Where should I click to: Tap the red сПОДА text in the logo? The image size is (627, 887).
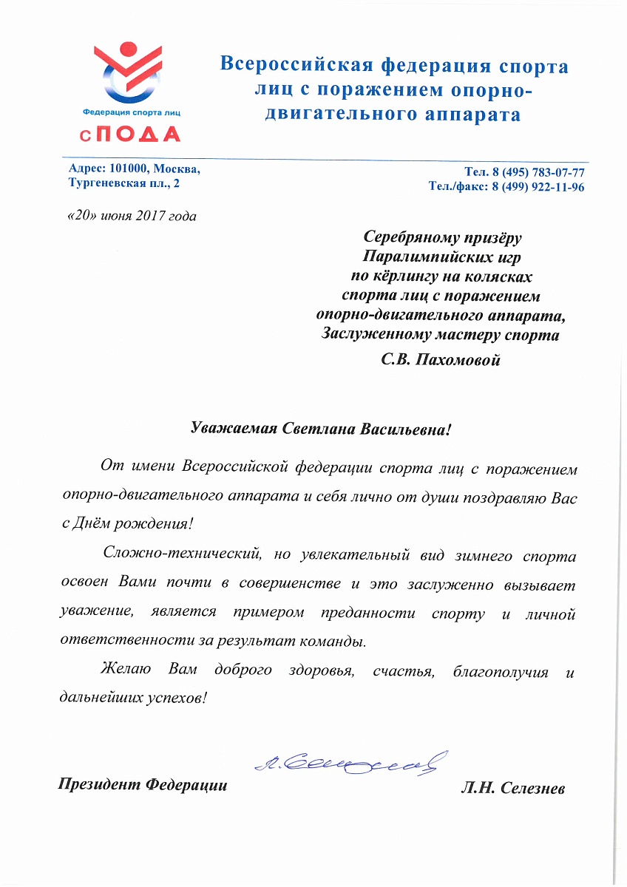[131, 134]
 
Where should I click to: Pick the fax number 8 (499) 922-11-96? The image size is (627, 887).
[537, 188]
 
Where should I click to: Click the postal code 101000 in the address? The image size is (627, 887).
[127, 169]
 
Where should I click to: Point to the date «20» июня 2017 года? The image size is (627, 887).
[132, 216]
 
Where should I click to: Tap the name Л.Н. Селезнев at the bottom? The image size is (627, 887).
[512, 789]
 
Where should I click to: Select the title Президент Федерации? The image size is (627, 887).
[143, 785]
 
